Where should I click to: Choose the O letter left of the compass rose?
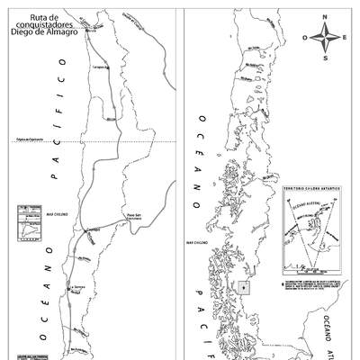[306, 38]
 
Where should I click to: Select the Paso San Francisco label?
[135, 217]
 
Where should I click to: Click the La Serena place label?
[79, 288]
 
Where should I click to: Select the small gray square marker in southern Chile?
[245, 287]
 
